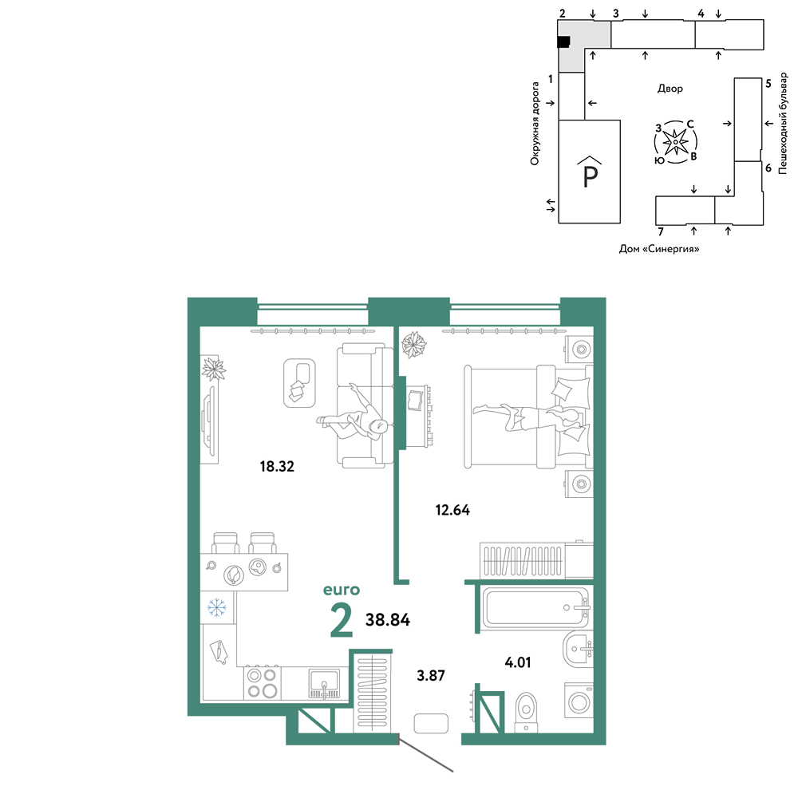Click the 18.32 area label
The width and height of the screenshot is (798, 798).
pyautogui.click(x=277, y=466)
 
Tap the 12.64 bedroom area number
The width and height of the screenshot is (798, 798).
pyautogui.click(x=452, y=509)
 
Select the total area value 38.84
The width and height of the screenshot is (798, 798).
pyautogui.click(x=388, y=619)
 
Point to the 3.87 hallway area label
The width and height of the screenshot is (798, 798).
pyautogui.click(x=431, y=675)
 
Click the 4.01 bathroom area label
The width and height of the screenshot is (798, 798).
pyautogui.click(x=518, y=662)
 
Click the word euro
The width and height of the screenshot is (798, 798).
pyautogui.click(x=342, y=590)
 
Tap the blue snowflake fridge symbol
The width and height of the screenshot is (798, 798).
pyautogui.click(x=217, y=607)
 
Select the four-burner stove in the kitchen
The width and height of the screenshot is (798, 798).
pyautogui.click(x=262, y=683)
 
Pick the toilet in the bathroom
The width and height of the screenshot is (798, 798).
pyautogui.click(x=526, y=712)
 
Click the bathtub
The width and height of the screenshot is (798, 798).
pyautogui.click(x=535, y=607)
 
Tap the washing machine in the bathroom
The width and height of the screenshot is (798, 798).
pyautogui.click(x=579, y=703)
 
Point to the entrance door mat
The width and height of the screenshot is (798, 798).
pyautogui.click(x=431, y=723)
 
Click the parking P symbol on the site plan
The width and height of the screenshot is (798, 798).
pyautogui.click(x=590, y=172)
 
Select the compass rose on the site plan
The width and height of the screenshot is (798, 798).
pyautogui.click(x=675, y=142)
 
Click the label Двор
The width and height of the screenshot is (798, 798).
pyautogui.click(x=670, y=89)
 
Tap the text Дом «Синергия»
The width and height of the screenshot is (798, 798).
pyautogui.click(x=659, y=249)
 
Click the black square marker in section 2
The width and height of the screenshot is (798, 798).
pyautogui.click(x=563, y=42)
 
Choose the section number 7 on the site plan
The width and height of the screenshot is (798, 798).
pyautogui.click(x=661, y=231)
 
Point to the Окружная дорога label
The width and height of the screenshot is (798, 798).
pyautogui.click(x=535, y=124)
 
